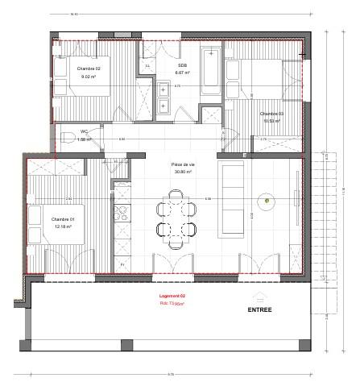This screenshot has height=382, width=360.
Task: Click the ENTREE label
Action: point(259,309)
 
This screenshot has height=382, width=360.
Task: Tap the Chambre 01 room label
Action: point(62,220)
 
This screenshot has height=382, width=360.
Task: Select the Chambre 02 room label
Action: point(88,69)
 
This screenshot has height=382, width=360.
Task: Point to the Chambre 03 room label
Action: point(271,114)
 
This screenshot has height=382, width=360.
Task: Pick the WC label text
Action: point(83,132)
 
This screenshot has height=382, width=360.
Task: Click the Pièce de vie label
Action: point(184,164)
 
